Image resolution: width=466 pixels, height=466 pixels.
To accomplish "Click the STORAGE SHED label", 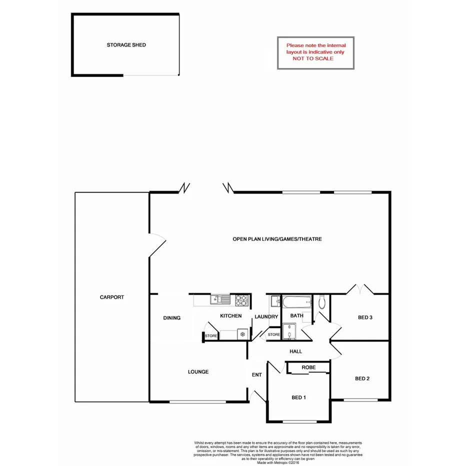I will [x=126, y=45].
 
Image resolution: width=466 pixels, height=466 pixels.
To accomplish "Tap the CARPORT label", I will [x=111, y=297].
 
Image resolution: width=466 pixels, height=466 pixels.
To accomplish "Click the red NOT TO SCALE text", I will [x=313, y=58].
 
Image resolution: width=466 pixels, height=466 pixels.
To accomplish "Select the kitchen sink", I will [x=220, y=300].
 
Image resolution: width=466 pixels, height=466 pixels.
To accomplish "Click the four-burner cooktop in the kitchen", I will [x=242, y=300].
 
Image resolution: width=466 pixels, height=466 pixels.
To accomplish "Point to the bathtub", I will [x=298, y=302].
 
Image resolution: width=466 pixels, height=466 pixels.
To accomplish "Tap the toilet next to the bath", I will [x=322, y=301].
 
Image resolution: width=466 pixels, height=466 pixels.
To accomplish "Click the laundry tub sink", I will [x=275, y=301].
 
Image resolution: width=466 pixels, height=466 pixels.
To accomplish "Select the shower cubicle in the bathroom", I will [x=289, y=331].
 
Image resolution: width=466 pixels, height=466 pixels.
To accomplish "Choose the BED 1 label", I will [x=298, y=397].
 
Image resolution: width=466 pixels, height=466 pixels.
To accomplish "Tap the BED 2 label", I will [x=362, y=378].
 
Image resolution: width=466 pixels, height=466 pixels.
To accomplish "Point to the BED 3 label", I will [x=365, y=317].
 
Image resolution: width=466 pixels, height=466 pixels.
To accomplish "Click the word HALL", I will [x=296, y=351].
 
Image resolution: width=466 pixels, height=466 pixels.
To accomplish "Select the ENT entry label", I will [x=256, y=374].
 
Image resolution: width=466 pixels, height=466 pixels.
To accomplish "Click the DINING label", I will [x=171, y=318].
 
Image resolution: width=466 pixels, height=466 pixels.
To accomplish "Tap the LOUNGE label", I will [x=198, y=371].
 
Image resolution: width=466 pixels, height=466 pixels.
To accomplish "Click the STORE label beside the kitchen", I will [x=211, y=336].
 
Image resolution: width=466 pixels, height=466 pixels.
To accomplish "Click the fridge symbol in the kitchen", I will [x=242, y=333].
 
